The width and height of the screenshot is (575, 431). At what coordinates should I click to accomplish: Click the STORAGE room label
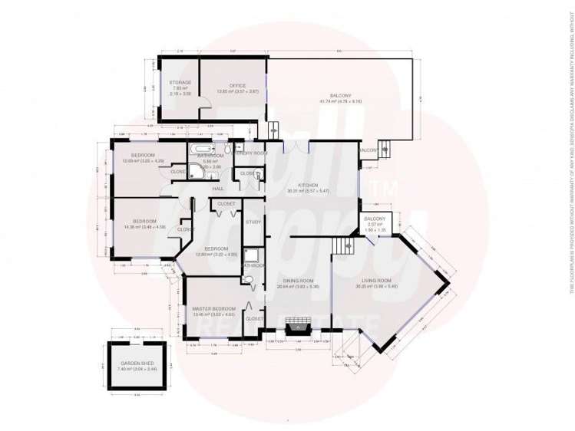(x=180, y=82)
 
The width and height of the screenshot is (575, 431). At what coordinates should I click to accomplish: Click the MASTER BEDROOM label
(x=209, y=308)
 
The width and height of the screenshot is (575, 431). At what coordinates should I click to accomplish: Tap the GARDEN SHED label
(x=135, y=364)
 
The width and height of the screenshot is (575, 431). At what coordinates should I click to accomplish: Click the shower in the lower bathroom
(x=253, y=255)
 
